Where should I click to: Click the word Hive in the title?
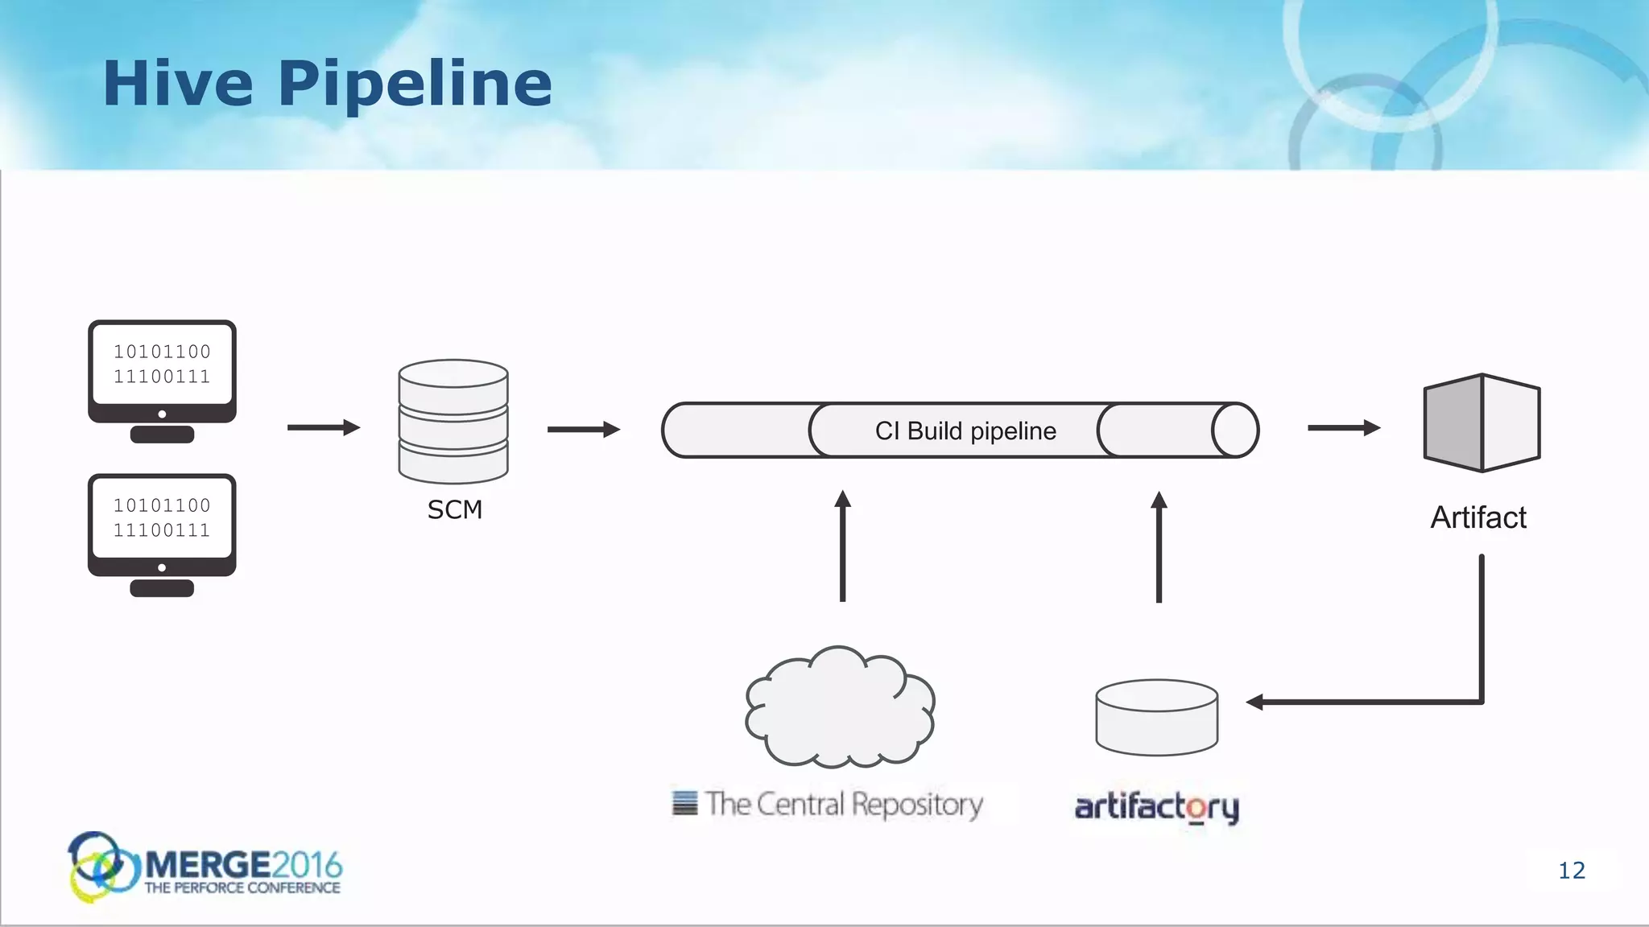(177, 84)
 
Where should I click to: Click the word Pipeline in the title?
(415, 85)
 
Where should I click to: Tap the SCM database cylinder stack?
(453, 420)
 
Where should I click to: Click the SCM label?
(454, 509)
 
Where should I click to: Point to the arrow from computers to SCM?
(323, 427)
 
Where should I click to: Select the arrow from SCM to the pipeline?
(583, 429)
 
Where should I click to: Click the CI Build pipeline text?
(965, 431)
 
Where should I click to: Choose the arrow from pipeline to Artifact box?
(1343, 428)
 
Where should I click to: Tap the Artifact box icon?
(1482, 423)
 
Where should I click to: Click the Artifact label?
(1478, 517)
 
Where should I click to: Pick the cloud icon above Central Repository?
(840, 707)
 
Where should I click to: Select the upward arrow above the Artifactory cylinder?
(1159, 547)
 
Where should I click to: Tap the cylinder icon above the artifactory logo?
(1156, 717)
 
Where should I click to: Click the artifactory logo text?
(1156, 806)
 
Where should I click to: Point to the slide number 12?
(1571, 871)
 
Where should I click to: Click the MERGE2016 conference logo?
(206, 867)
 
